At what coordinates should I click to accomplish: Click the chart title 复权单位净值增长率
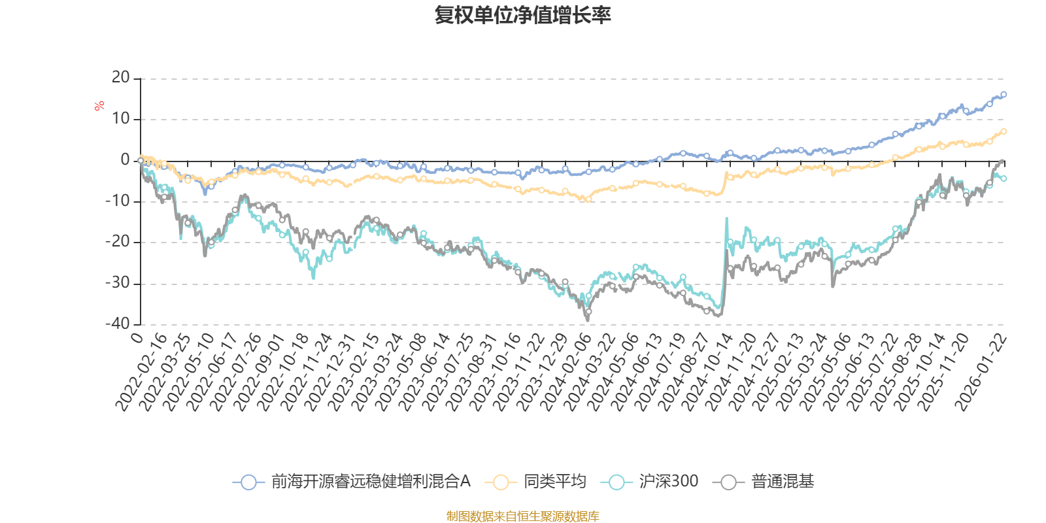pyautogui.click(x=522, y=15)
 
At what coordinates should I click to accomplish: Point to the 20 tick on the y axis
pyautogui.click(x=121, y=78)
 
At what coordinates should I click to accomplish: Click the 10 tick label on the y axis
pyautogui.click(x=121, y=119)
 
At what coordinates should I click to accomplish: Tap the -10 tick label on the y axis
pyautogui.click(x=118, y=201)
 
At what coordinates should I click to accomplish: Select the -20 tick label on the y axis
pyautogui.click(x=118, y=242)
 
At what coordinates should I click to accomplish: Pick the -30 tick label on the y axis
pyautogui.click(x=118, y=283)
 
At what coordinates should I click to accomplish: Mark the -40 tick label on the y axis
pyautogui.click(x=118, y=324)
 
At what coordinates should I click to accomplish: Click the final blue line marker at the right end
pyautogui.click(x=1004, y=94)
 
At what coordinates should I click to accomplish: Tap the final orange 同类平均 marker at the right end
pyautogui.click(x=1004, y=131)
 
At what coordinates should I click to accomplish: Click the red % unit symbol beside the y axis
pyautogui.click(x=99, y=106)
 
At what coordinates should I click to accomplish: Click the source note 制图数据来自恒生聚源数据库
pyautogui.click(x=522, y=516)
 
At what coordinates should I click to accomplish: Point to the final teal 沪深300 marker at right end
pyautogui.click(x=1004, y=178)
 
